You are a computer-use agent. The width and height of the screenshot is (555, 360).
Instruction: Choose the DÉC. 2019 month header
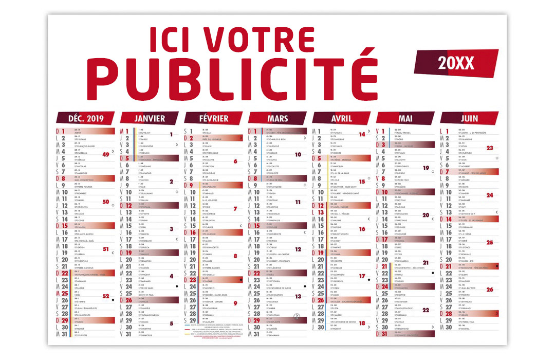pos(86,118)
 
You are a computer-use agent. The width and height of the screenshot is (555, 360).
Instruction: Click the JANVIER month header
pos(150,118)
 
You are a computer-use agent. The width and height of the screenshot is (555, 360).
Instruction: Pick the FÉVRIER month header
pos(214,118)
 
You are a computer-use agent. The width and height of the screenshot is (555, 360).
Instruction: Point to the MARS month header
pos(278,118)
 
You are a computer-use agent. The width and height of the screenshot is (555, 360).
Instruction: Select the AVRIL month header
pos(342,118)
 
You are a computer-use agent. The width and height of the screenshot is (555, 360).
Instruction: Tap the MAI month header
pos(406,118)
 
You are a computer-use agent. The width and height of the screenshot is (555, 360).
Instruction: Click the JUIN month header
pos(470,118)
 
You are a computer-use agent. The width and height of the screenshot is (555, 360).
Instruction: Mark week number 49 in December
pos(106,154)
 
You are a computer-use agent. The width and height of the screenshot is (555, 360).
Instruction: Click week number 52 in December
pos(106,296)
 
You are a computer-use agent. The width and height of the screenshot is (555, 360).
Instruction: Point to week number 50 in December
pos(106,202)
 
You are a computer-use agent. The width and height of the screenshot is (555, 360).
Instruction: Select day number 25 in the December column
pos(65,294)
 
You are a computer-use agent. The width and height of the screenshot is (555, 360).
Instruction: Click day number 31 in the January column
pos(128,334)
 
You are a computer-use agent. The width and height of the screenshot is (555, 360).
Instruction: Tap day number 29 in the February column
pos(193,320)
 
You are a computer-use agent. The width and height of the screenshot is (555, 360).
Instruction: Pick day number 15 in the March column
pos(256,226)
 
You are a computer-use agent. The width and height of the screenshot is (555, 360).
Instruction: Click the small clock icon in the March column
pos(296,317)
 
